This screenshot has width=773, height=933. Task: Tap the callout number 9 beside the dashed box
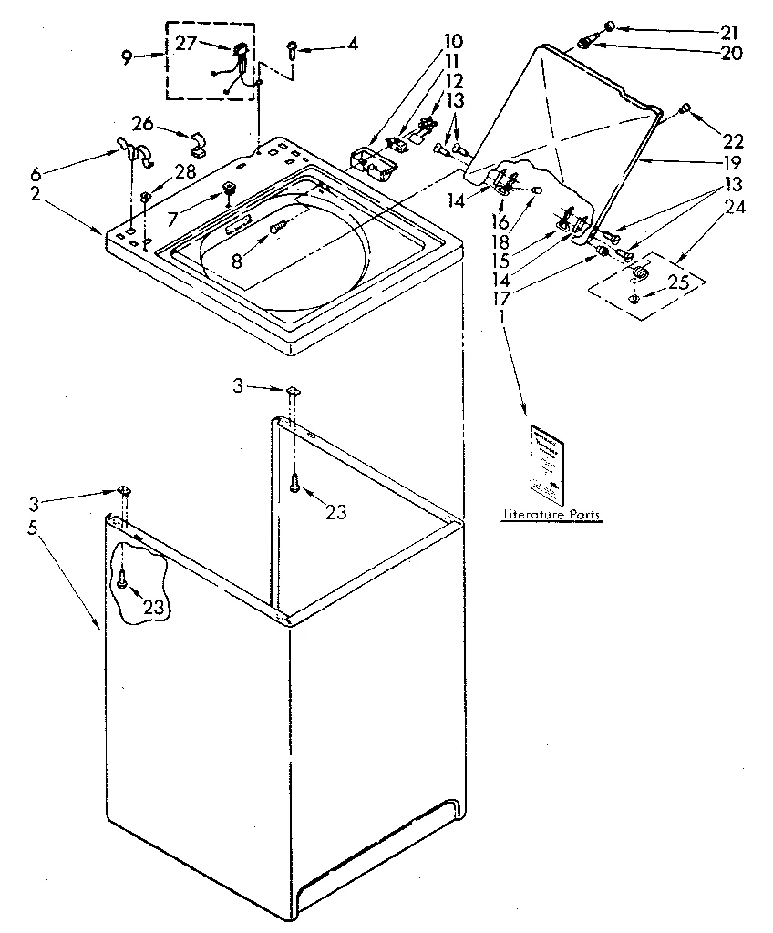(x=128, y=56)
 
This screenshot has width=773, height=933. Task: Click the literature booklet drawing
(x=548, y=465)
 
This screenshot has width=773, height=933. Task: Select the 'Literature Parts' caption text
(x=551, y=516)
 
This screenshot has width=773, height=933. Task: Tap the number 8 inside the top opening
(x=237, y=259)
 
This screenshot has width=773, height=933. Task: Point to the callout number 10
(x=453, y=42)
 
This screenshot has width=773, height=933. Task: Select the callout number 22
(x=734, y=141)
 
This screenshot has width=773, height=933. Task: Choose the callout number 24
(x=734, y=207)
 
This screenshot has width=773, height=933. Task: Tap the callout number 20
(x=731, y=53)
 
